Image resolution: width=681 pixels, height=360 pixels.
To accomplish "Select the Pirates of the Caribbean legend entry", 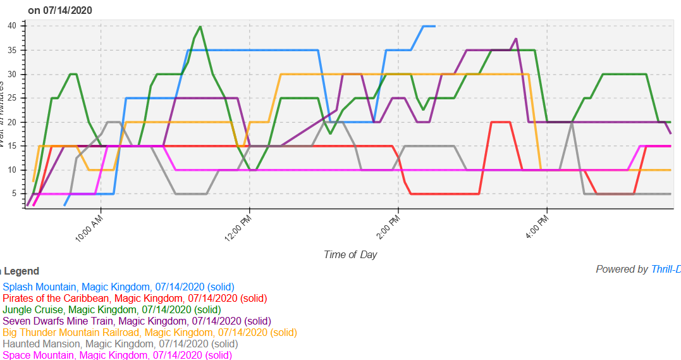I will coord(135,298).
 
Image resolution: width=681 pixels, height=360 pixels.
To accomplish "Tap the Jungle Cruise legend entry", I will coord(112,309).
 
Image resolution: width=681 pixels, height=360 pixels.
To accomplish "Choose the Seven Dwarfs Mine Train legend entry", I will coord(137,321).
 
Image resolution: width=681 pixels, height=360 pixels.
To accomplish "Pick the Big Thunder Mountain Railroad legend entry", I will coord(149,332).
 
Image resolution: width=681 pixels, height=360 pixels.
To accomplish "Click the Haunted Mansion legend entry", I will coord(120,344).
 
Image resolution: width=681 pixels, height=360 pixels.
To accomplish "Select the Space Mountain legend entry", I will coord(117,355).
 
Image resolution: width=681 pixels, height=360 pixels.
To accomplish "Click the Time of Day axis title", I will coord(350,254).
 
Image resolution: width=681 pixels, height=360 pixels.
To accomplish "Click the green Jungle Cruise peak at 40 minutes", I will coord(200,27).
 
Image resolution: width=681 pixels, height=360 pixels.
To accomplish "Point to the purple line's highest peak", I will coord(517,39).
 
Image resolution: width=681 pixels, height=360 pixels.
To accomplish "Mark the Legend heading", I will coord(21,271).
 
